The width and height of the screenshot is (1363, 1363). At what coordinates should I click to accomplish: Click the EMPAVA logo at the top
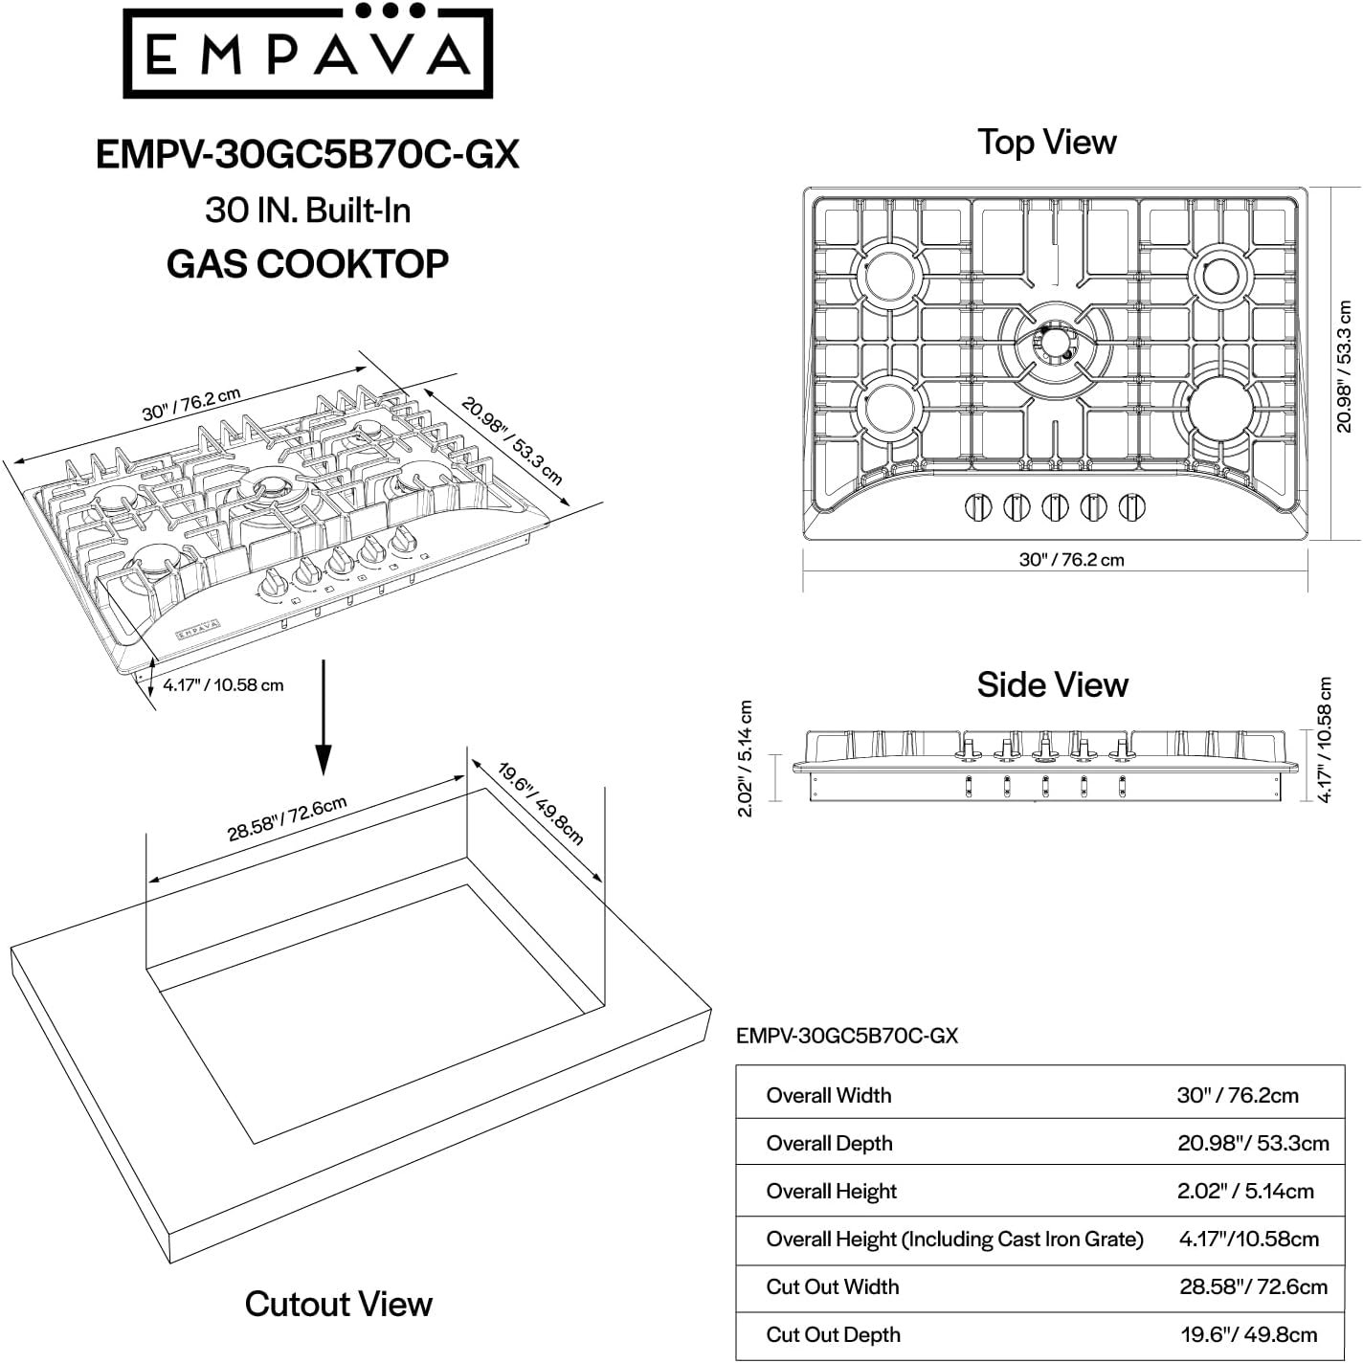click(x=307, y=54)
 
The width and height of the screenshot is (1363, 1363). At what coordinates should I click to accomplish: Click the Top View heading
click(x=1046, y=142)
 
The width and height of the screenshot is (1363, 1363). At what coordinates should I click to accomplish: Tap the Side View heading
click(x=1052, y=684)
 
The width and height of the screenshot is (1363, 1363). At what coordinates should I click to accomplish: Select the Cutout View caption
click(x=338, y=1304)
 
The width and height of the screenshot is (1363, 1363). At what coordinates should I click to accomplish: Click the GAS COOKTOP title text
click(x=307, y=263)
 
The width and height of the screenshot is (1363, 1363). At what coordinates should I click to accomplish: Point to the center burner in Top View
click(x=1053, y=342)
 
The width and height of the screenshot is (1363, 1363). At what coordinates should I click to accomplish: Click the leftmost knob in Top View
click(x=977, y=506)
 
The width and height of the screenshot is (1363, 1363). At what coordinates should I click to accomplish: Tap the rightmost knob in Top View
click(x=1133, y=506)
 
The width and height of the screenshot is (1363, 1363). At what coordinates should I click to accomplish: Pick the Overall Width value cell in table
click(x=1237, y=1095)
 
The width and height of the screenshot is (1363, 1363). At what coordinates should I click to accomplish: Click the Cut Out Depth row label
click(x=833, y=1334)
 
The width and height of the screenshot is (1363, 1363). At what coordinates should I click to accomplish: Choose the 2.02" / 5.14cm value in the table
click(x=1244, y=1191)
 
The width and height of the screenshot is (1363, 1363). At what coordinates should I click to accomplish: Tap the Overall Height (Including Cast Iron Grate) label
click(x=954, y=1239)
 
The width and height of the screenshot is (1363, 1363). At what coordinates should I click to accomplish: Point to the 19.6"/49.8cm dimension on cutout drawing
click(x=542, y=802)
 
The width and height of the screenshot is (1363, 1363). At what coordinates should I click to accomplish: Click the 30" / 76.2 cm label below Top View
click(x=1071, y=560)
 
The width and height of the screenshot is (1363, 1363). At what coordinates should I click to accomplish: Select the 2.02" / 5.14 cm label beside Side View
click(x=746, y=759)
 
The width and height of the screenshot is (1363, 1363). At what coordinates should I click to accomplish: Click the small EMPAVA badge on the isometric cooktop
click(x=197, y=630)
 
